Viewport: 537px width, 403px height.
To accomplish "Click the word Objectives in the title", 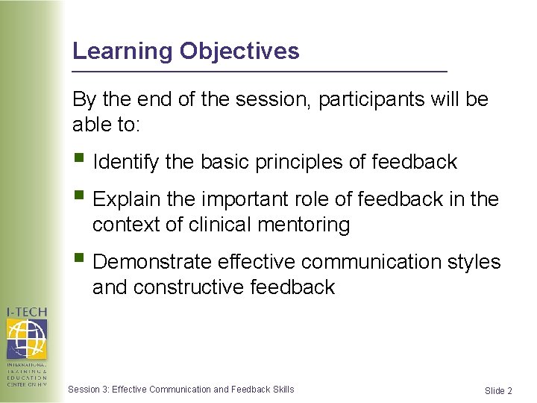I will (239, 51).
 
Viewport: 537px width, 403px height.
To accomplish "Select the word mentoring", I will (307, 224).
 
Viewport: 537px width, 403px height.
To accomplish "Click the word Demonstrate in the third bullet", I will (152, 262).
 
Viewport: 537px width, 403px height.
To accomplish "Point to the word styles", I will (474, 262).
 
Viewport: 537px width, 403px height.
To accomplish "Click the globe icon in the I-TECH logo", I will (26, 339).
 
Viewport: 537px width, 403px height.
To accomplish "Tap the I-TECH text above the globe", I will (26, 312).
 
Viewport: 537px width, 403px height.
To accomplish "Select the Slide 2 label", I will (498, 391).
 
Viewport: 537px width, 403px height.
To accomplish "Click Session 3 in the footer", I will (88, 389).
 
